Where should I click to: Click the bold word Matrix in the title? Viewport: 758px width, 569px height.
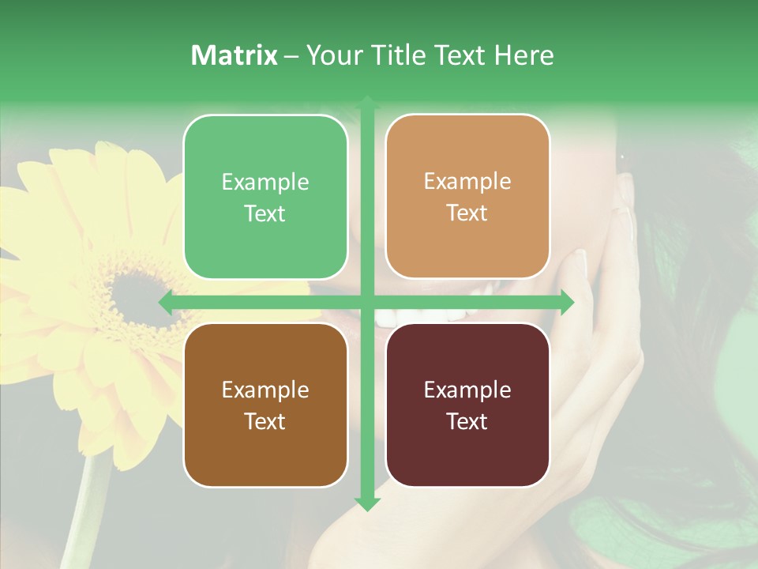coord(235,55)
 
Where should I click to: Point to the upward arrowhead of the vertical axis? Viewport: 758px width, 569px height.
coord(366,102)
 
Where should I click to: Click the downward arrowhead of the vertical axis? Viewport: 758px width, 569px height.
coord(366,503)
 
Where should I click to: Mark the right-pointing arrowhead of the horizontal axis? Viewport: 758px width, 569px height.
coord(566,302)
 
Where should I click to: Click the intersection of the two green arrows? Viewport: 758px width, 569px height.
coord(366,302)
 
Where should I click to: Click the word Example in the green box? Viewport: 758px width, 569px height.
coord(265,183)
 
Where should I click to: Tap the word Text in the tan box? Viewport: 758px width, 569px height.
coord(467,213)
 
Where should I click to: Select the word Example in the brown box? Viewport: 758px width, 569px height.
coord(265,390)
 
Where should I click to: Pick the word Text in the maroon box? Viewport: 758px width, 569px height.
coord(467,421)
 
